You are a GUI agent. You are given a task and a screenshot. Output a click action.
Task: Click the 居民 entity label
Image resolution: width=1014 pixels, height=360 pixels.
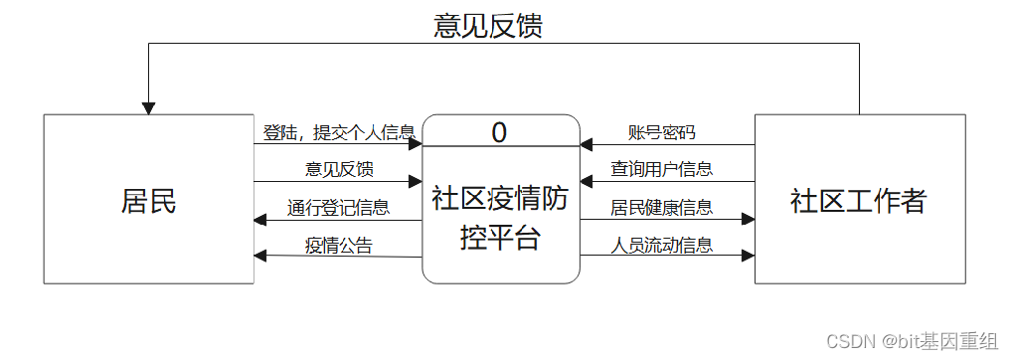pos(149,201)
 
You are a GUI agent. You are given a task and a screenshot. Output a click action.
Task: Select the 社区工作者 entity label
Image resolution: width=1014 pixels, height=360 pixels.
pos(859,201)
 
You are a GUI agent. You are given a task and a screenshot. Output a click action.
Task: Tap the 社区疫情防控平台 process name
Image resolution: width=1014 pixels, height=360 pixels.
pos(500,218)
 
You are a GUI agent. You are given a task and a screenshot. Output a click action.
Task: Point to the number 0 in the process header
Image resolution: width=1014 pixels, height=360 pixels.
pos(499,131)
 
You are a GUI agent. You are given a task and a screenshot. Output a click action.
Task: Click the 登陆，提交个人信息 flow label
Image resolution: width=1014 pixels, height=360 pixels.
pos(339,132)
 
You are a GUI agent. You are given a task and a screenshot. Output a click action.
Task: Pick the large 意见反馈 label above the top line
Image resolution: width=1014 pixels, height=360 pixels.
pos(488,25)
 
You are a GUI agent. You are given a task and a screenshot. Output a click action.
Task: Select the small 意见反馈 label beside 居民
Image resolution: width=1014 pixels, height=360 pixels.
pos(339,169)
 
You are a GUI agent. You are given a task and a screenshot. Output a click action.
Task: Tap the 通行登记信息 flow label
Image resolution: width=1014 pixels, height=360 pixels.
pos(339,208)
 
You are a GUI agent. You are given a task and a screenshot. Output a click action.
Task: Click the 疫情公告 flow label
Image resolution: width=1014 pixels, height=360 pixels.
pos(339,245)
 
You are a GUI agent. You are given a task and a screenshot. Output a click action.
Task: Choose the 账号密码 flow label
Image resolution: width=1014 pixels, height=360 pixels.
pos(661,132)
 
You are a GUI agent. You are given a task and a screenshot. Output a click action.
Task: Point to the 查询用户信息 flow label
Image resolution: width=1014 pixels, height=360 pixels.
pos(661,169)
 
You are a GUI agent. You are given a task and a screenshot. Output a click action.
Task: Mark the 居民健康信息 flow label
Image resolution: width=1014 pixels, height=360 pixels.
pos(661,208)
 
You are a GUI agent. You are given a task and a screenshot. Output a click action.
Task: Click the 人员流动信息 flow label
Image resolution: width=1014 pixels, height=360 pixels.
pos(661,245)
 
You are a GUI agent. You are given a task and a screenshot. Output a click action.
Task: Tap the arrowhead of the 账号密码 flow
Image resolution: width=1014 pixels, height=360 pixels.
pos(588,145)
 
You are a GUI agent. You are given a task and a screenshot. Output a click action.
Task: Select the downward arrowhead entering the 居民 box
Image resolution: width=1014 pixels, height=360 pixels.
pos(149,107)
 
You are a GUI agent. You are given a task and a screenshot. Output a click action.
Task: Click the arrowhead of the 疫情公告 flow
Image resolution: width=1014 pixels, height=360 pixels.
pos(260,256)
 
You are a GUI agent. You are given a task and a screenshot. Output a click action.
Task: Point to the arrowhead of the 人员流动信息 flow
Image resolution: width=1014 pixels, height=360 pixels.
pos(748,257)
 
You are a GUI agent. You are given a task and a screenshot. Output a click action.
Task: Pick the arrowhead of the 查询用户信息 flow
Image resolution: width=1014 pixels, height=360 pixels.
pos(588,182)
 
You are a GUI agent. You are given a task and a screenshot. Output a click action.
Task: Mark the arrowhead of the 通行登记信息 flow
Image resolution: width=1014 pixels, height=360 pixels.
pos(260,220)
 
